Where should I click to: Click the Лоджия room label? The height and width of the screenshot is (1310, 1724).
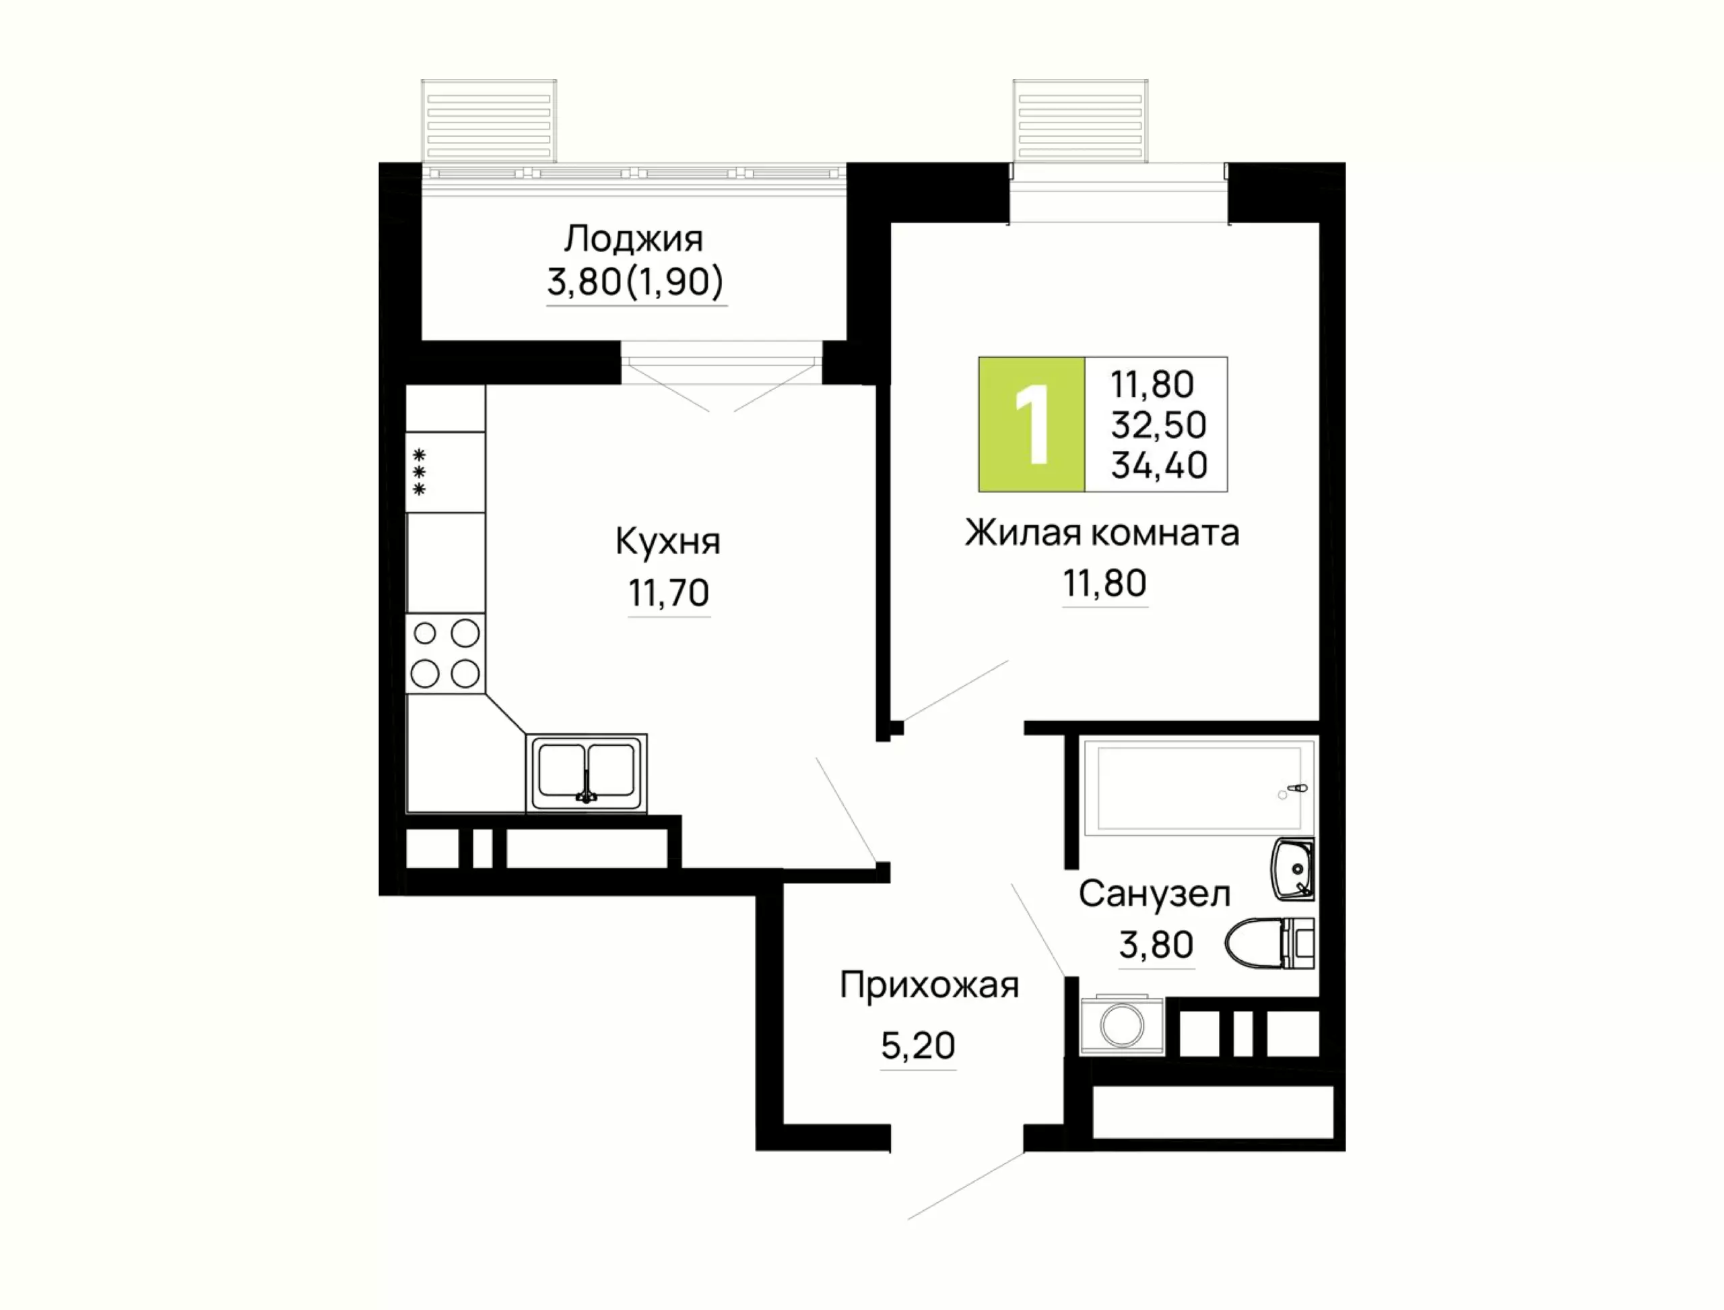click(633, 239)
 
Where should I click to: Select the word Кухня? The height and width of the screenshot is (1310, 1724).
click(668, 541)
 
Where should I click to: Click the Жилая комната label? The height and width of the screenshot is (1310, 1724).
click(1102, 533)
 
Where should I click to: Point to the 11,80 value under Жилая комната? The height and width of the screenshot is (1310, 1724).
click(1104, 584)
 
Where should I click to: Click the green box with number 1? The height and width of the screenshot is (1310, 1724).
click(1032, 424)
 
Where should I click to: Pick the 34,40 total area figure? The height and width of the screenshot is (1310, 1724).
click(1159, 465)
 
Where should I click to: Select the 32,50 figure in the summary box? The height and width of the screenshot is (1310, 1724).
click(1159, 425)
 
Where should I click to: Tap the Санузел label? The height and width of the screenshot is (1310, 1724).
click(1154, 894)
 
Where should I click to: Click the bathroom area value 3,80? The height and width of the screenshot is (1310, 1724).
click(1156, 944)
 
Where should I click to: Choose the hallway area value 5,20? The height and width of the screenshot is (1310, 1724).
click(918, 1046)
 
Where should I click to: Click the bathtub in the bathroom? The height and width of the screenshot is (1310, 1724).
click(1199, 788)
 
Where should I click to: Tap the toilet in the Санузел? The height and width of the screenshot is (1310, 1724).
click(1269, 943)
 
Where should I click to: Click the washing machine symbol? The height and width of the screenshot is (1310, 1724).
click(1121, 1026)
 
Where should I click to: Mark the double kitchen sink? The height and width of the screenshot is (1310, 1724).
click(586, 773)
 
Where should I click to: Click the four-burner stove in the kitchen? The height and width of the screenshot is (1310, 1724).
click(445, 654)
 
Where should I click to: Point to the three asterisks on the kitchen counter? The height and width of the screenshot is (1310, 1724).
click(420, 472)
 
